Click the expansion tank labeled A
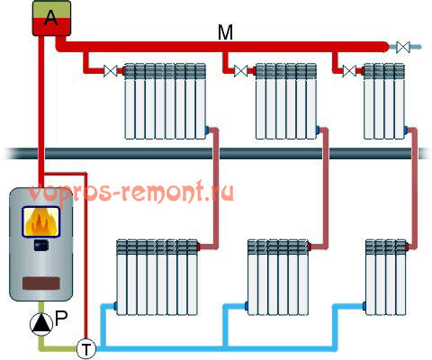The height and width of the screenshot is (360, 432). point(51,18)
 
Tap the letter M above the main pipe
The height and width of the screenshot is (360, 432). point(225,32)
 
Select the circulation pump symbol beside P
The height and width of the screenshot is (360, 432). point(40,324)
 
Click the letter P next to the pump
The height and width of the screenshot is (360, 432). point(61,319)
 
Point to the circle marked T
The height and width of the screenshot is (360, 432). point(86,349)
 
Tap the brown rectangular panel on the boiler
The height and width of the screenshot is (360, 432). point(41,283)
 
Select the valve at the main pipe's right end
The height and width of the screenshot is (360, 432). point(403,47)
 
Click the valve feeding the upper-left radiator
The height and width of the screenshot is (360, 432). point(110,71)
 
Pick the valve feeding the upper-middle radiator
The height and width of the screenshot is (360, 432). point(241,71)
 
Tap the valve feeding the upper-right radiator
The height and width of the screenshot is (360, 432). point(349,71)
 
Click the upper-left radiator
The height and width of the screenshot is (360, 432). point(166,101)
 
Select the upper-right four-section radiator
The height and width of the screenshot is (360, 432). point(384,101)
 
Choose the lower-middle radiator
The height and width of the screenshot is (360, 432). point(278,277)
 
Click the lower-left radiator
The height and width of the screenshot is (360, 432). point(157,277)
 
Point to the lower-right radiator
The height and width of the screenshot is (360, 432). point(386,277)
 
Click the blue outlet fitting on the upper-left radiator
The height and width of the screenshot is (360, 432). point(207,130)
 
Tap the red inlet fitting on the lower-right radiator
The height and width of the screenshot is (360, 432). point(408,247)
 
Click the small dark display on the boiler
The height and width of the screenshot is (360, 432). point(41,246)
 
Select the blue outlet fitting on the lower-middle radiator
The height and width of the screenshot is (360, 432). point(247,306)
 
